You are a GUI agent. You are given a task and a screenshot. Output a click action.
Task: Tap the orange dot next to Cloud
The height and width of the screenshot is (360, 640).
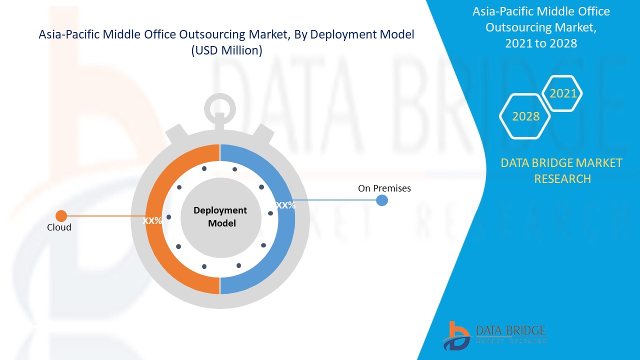(61, 216)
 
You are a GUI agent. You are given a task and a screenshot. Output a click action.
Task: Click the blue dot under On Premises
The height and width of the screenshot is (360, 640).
(381, 200)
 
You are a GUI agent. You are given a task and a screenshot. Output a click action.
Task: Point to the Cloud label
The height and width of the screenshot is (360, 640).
(59, 227)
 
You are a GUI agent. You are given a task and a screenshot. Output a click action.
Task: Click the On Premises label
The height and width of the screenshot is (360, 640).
(384, 188)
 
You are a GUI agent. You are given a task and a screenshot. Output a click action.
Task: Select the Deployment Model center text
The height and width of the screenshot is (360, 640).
(220, 216)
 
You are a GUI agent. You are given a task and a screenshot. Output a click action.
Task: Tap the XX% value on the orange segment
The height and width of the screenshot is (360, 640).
(152, 220)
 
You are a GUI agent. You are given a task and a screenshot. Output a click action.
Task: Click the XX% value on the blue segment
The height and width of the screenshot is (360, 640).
(285, 205)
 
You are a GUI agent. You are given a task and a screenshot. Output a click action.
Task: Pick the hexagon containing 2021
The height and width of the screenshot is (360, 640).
(563, 93)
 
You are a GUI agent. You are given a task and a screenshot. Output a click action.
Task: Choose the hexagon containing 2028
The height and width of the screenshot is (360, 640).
(525, 116)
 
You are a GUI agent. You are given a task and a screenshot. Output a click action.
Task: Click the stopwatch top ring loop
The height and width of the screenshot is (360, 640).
(219, 106)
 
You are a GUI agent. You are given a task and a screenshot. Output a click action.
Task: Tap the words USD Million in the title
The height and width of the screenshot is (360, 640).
(226, 51)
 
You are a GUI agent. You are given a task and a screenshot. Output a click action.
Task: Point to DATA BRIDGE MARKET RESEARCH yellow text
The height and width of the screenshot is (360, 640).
(562, 170)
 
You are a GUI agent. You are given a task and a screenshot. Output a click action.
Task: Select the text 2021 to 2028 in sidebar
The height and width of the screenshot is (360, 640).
(541, 43)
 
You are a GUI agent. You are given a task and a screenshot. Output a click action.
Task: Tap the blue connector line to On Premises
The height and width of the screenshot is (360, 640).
(335, 200)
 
